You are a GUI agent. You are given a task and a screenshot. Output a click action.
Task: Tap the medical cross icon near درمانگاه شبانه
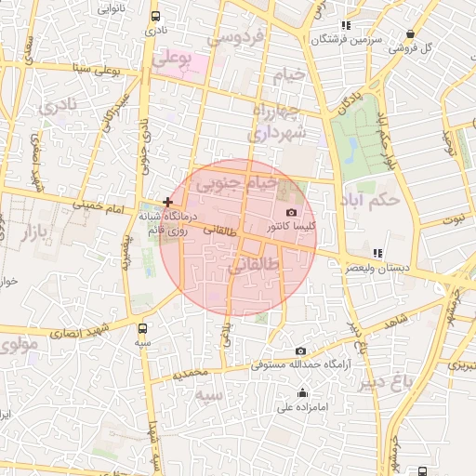pos(167,202)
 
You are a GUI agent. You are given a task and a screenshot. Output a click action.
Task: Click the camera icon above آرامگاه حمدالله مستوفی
pos(300,350)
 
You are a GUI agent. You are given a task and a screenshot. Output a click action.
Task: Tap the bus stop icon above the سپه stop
pos(142,328)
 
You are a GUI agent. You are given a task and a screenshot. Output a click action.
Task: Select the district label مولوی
pos(19,346)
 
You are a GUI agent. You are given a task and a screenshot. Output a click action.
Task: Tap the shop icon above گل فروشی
pos(410,34)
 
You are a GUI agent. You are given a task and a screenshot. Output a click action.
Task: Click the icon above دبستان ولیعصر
pos(377,253)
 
